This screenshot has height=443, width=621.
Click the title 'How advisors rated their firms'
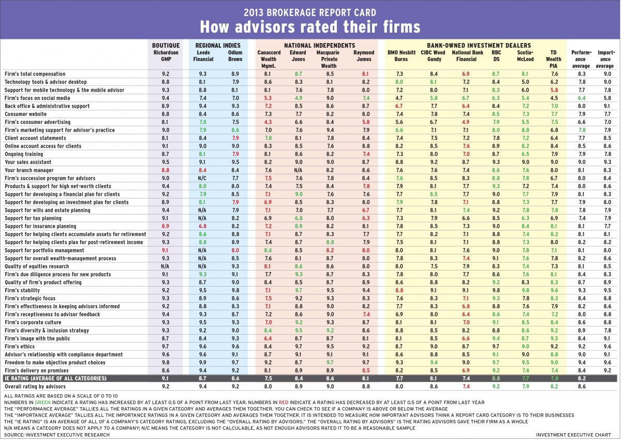pos(310,26)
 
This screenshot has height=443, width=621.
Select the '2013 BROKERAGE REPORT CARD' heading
pos(310,11)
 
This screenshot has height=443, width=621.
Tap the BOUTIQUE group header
pos(166,46)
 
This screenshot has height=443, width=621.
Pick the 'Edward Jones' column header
pos(298,56)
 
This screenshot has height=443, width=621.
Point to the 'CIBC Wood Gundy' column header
pos(433,56)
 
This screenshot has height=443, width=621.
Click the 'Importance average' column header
pos(605,59)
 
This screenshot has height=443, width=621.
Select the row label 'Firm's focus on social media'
pos(37,98)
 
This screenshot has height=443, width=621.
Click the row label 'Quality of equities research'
pos(37,266)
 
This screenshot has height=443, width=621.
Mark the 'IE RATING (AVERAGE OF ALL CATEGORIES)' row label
pos(55,379)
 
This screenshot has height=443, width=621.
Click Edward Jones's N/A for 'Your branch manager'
pos(298,170)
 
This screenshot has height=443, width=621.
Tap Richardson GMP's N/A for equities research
pos(166,266)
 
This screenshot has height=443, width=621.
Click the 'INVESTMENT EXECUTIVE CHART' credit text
pos(576,435)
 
